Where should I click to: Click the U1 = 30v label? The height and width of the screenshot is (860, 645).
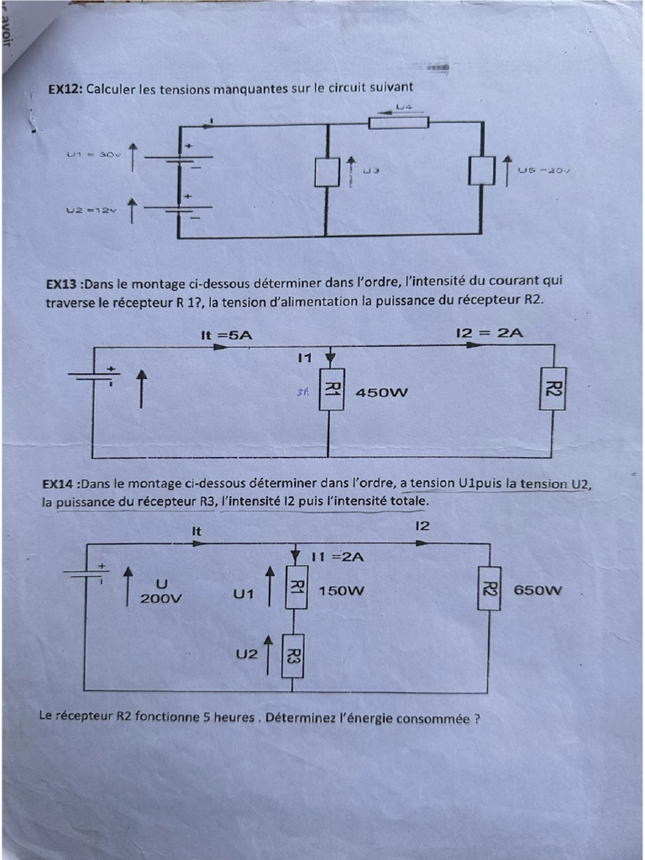[x=94, y=155]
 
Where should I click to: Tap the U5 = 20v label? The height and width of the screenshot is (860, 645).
[x=544, y=170]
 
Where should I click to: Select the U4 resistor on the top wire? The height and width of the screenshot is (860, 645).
[x=399, y=123]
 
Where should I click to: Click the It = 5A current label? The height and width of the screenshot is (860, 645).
[x=227, y=334]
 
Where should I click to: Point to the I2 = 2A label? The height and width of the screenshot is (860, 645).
[x=490, y=333]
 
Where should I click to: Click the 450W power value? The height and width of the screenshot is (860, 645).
[x=381, y=392]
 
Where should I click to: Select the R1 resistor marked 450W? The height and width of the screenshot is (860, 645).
[x=331, y=390]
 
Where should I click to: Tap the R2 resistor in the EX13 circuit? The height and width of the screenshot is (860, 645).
[x=553, y=389]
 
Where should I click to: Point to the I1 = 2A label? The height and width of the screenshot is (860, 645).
[x=337, y=556]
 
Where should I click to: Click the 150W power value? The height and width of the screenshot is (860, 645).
[x=342, y=590]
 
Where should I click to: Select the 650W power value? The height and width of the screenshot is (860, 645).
[x=537, y=590]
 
